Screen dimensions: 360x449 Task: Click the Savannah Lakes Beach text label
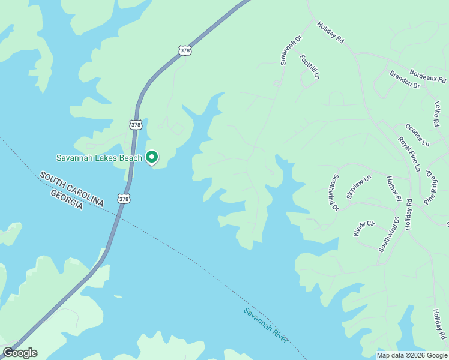(x=99, y=158)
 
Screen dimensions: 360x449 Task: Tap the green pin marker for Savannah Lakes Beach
(x=152, y=157)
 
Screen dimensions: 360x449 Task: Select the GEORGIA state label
(x=67, y=200)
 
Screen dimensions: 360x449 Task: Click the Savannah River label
(x=267, y=326)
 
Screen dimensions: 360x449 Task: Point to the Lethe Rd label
(x=441, y=114)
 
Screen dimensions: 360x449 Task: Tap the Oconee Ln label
(x=417, y=135)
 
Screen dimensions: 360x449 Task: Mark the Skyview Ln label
(x=359, y=187)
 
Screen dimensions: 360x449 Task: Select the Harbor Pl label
(x=393, y=188)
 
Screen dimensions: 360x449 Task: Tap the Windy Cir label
(x=364, y=229)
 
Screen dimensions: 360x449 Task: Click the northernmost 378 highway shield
(x=185, y=51)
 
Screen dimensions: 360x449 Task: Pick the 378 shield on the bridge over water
(x=123, y=199)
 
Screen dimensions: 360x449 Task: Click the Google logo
(x=20, y=352)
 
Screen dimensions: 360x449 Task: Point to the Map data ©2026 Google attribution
(x=411, y=355)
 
